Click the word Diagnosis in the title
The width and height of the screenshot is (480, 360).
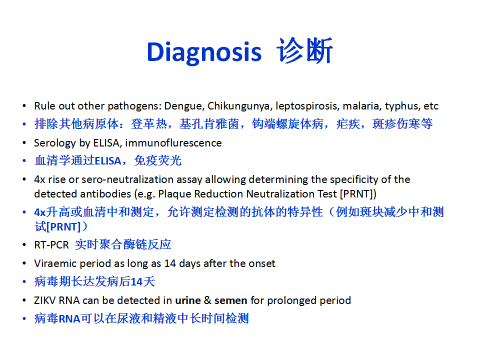pyautogui.click(x=204, y=52)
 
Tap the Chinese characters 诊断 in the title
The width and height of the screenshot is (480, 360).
pyautogui.click(x=304, y=50)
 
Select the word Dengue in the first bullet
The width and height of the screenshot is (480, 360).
pyautogui.click(x=184, y=106)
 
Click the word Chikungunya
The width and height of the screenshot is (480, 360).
pyautogui.click(x=240, y=106)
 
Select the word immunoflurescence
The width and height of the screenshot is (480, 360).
pyautogui.click(x=173, y=143)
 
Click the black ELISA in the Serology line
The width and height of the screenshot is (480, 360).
pyautogui.click(x=107, y=143)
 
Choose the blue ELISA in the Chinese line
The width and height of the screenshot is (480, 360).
pyautogui.click(x=108, y=161)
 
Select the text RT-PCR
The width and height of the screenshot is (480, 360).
pyautogui.click(x=51, y=245)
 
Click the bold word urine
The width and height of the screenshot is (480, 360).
pyautogui.click(x=188, y=300)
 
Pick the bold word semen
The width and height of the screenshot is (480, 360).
pyautogui.click(x=231, y=300)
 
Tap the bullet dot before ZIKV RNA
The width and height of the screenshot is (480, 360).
pyautogui.click(x=24, y=300)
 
